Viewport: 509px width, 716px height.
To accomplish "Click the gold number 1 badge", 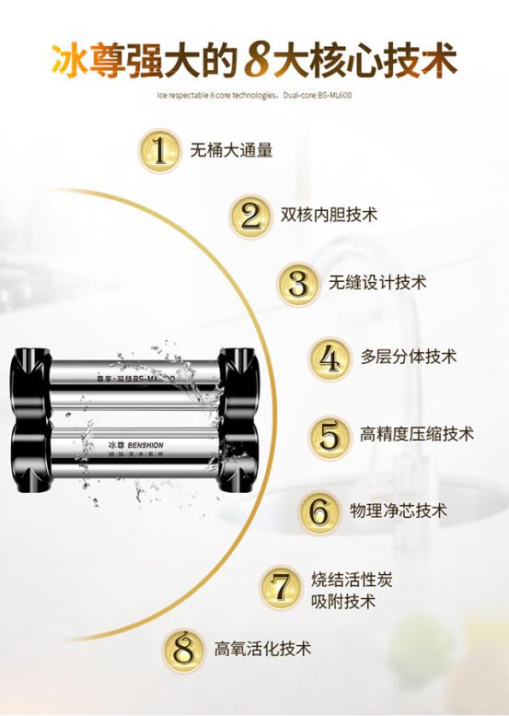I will (x=161, y=150).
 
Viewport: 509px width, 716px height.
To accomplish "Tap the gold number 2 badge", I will (x=251, y=216).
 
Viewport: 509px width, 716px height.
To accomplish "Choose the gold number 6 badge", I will (x=319, y=511).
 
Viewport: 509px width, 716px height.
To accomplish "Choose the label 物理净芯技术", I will (x=399, y=511).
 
